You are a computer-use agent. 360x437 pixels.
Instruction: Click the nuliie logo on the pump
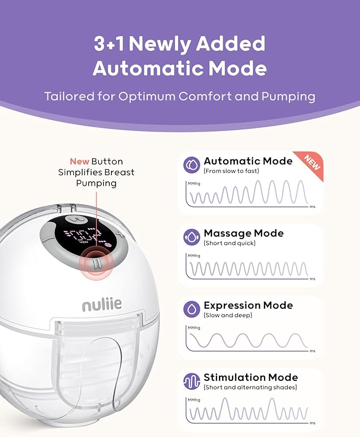(102, 304)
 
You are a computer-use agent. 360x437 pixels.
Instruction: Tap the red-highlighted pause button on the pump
(95, 264)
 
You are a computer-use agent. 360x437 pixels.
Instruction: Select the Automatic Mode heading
(248, 161)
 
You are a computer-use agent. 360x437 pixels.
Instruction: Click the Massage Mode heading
(243, 233)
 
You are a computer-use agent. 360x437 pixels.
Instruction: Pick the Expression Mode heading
(248, 305)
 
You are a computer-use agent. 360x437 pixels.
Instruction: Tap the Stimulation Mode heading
(251, 378)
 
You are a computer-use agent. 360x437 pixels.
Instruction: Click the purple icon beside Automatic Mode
(192, 165)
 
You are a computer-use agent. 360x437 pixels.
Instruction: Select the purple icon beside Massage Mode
(192, 237)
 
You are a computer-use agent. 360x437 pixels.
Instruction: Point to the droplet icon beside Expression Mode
(192, 309)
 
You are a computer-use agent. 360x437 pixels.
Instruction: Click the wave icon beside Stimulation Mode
(192, 381)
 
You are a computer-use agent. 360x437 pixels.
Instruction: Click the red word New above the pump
(80, 161)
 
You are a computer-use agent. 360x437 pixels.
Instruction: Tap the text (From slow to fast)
(231, 171)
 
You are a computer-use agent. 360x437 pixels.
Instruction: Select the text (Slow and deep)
(228, 315)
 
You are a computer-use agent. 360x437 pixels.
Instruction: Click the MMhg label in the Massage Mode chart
(194, 256)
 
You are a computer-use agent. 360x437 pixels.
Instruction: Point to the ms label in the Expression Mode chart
(313, 351)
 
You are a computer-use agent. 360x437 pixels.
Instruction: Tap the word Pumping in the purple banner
(288, 97)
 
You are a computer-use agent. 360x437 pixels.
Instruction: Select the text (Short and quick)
(230, 243)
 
